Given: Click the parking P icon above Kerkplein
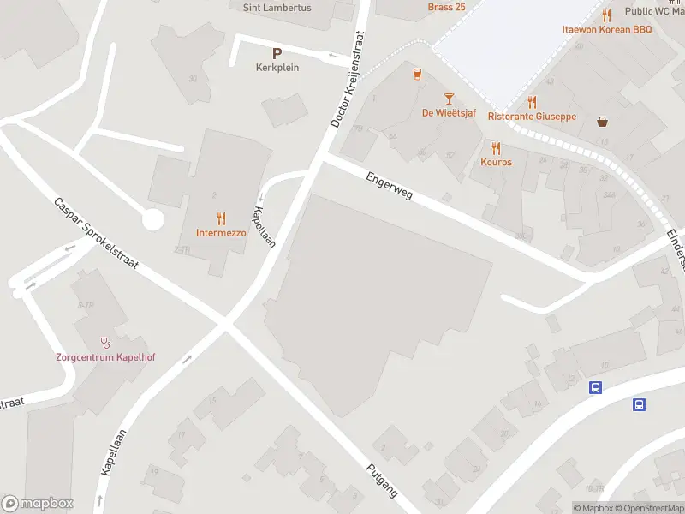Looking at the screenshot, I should point(277,52).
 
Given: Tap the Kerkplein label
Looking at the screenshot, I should point(277,68).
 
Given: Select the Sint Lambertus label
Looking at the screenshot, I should point(277,8).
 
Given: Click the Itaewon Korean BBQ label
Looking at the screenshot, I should point(607,29).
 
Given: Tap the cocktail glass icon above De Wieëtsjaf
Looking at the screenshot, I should point(448,99).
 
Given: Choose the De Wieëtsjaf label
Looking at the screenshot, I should point(448,112).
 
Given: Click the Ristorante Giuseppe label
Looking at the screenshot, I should point(532,117).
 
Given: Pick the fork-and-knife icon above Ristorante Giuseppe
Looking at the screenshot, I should point(532,102).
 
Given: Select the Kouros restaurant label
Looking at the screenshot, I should point(496,162).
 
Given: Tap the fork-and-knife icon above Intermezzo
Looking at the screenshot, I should point(221,218).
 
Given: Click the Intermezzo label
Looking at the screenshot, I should point(221,232).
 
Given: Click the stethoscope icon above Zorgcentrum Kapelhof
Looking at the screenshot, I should point(105,343).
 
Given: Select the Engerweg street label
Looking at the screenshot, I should point(389,186).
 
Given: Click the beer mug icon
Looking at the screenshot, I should point(417,75).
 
